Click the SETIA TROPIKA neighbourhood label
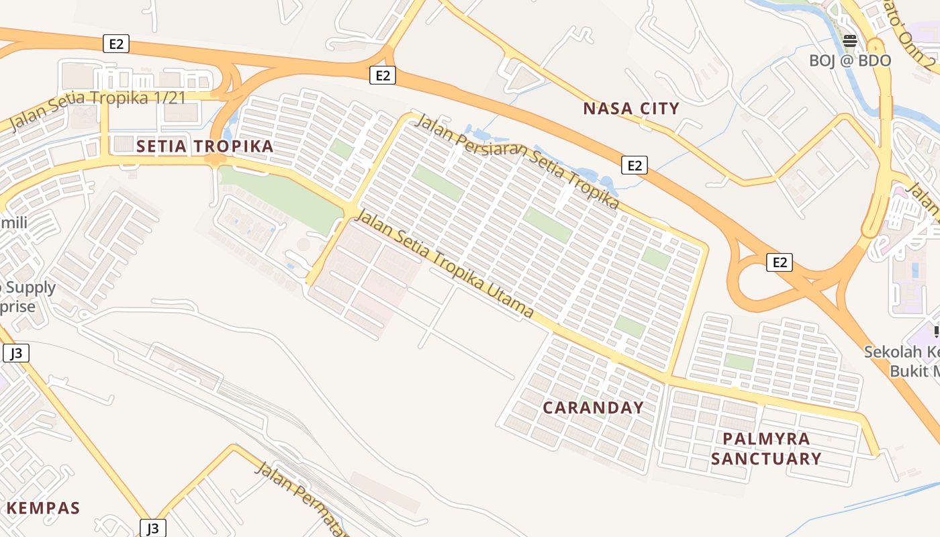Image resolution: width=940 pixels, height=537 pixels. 205,146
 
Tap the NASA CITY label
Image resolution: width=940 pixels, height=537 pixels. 630,108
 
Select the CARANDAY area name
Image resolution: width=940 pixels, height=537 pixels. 593,407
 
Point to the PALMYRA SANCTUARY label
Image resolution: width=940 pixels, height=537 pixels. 766,448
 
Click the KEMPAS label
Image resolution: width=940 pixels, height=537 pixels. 43,508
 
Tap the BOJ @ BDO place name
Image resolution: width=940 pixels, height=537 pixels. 849,60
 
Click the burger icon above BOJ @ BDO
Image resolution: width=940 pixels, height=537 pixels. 850,41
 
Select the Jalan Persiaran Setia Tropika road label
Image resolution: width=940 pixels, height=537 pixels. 517,161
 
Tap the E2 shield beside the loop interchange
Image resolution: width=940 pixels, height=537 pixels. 779,262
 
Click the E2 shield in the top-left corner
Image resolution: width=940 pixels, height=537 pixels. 116,44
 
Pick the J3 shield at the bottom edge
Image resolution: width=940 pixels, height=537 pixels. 153,528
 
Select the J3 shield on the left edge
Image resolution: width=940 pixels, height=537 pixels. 16,353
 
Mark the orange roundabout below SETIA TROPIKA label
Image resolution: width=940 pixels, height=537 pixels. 216,160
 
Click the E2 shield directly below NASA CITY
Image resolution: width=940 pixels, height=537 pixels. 634,165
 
